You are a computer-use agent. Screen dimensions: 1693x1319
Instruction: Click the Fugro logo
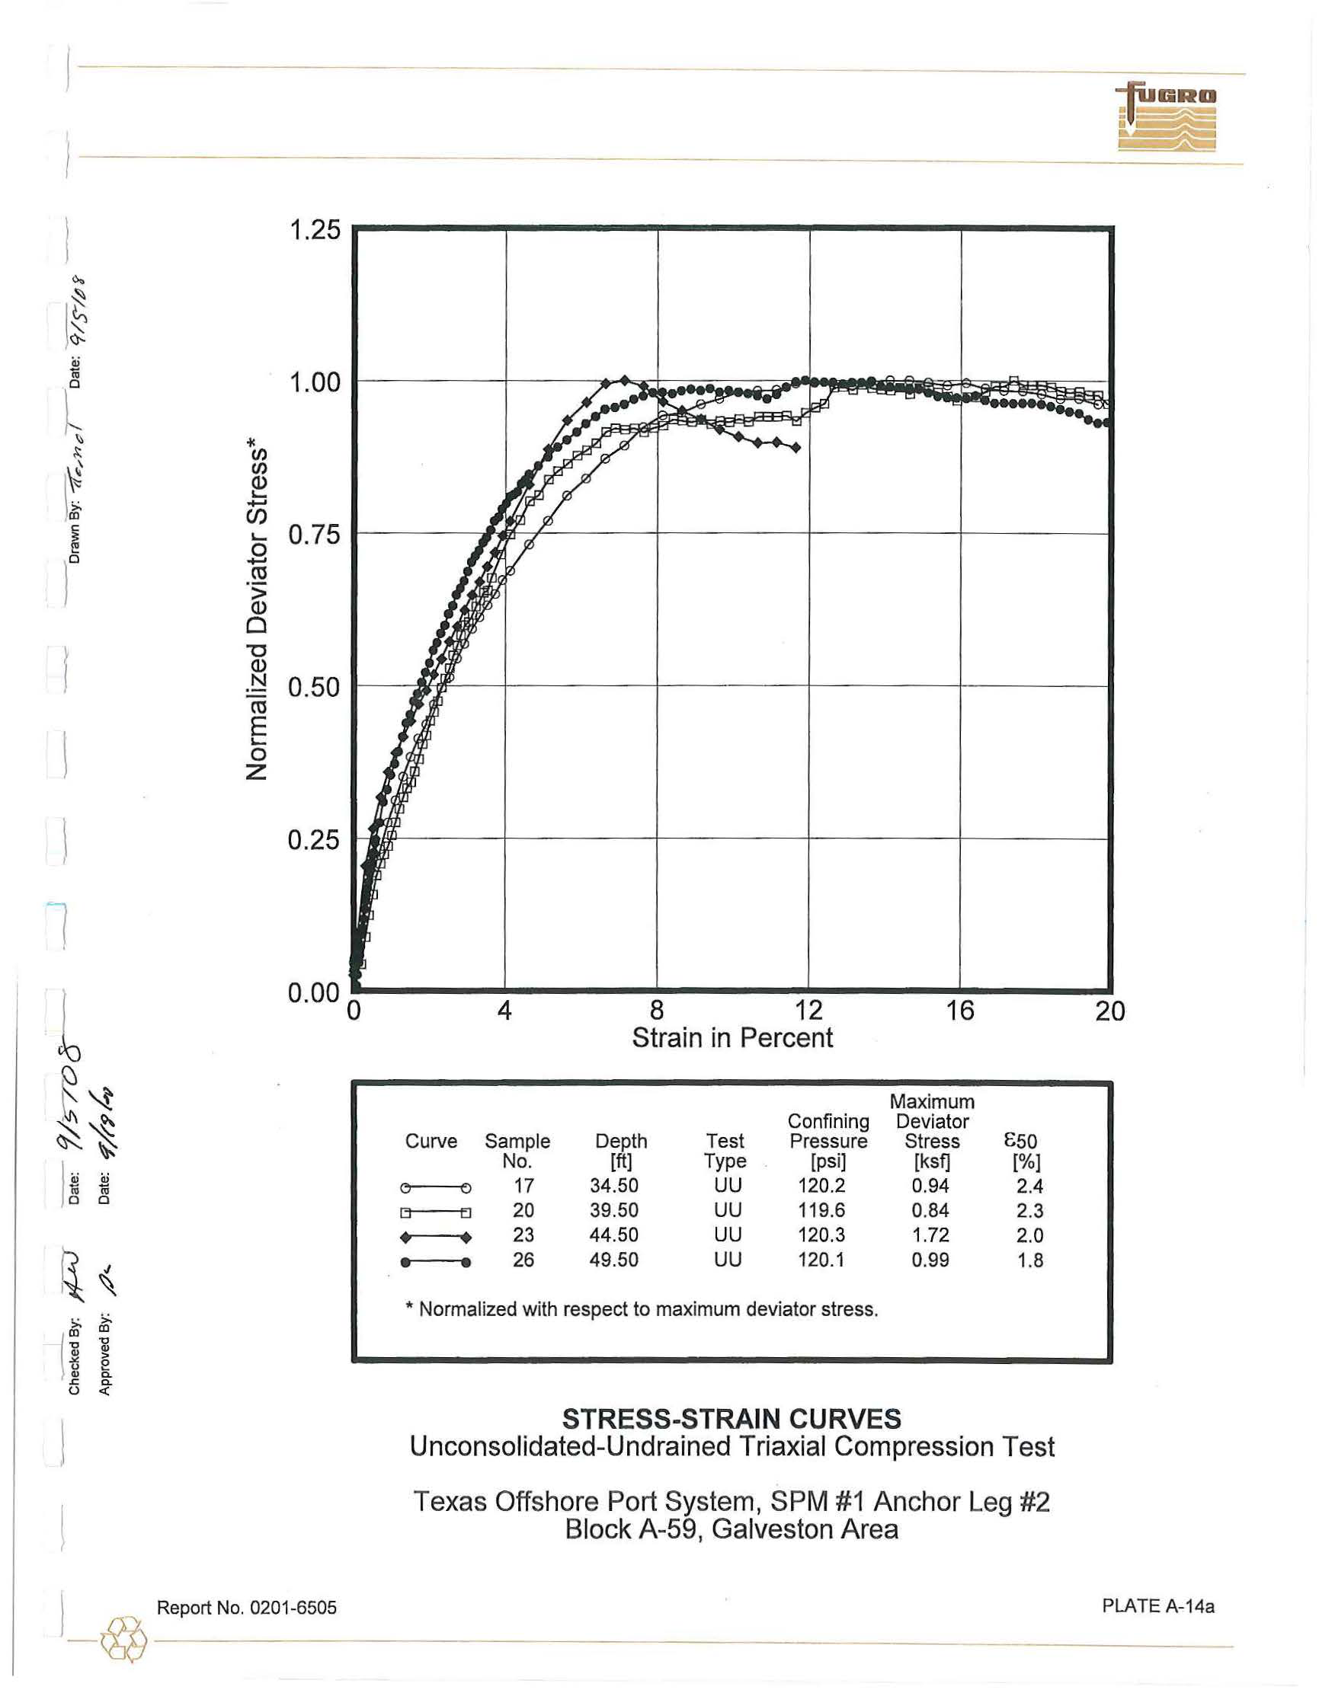(1167, 117)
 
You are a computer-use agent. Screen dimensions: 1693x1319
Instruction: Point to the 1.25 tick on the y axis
(314, 229)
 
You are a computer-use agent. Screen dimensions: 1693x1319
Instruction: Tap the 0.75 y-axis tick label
(314, 535)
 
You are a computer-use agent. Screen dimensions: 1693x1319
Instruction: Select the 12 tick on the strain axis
(808, 1010)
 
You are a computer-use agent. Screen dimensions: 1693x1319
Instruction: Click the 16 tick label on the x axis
(960, 1010)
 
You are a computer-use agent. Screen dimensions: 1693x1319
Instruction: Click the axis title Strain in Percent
(732, 1038)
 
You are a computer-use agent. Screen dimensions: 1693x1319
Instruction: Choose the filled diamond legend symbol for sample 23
(435, 1237)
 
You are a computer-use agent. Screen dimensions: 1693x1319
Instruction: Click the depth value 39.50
(613, 1211)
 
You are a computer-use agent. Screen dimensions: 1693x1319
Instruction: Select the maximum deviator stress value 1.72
(930, 1235)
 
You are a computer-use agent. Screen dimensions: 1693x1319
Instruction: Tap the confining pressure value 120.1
(821, 1260)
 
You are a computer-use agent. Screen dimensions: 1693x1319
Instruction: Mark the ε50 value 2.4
(1029, 1187)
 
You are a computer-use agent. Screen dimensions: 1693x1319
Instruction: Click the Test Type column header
(724, 1152)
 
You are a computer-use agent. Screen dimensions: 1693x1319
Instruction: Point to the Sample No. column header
(517, 1152)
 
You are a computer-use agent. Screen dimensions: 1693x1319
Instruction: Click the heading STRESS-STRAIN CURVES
(732, 1420)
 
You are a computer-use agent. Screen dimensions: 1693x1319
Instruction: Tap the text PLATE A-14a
(1157, 1607)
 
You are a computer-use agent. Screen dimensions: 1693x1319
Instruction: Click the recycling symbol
(123, 1640)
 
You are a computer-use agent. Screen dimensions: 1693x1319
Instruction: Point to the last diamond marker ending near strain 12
(796, 447)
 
